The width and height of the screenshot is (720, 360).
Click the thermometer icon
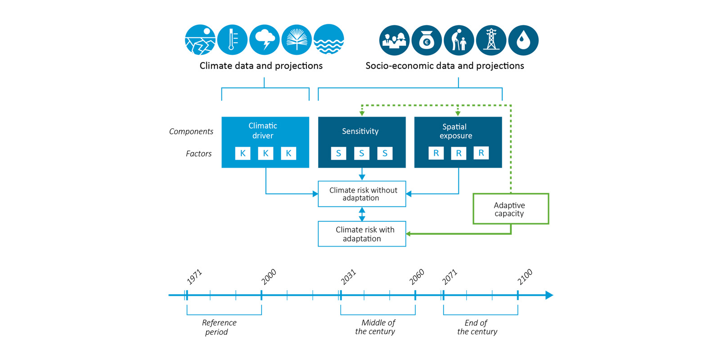(x=232, y=40)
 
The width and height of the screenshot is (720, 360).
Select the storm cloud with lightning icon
(x=265, y=40)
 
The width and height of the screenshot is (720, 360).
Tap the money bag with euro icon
(x=426, y=40)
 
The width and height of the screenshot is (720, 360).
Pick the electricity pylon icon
(x=491, y=40)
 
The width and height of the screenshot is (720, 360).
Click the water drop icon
(x=523, y=40)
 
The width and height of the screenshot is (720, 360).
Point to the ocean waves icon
(x=329, y=40)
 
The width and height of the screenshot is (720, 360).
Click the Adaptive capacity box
(x=511, y=209)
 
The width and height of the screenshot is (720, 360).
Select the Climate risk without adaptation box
(x=362, y=194)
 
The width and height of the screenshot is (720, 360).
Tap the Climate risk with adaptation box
(x=362, y=234)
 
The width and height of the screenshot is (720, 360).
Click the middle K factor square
(x=265, y=153)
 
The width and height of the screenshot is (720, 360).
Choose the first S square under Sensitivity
(x=338, y=153)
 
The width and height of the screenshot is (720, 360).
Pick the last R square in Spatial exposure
(x=481, y=153)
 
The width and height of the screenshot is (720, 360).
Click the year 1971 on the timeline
(x=194, y=277)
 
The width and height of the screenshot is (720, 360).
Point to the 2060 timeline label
(x=417, y=277)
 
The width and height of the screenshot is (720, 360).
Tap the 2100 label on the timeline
(x=525, y=277)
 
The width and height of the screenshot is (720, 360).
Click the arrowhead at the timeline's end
(x=549, y=295)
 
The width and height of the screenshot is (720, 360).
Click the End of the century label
(x=477, y=327)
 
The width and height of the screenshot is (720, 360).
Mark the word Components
(x=191, y=131)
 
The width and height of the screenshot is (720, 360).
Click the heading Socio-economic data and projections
(x=445, y=66)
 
